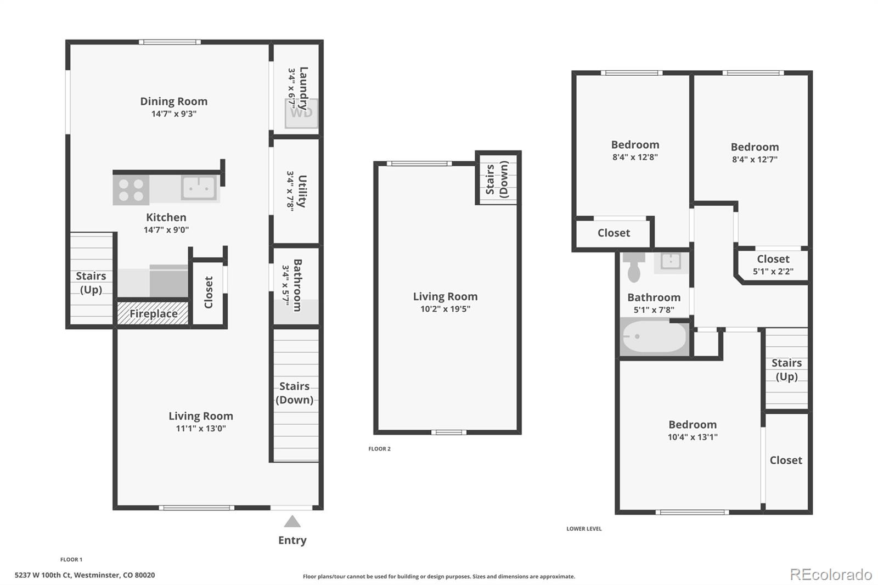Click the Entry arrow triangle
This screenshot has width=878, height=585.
(x=292, y=521)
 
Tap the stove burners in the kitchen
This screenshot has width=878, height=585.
(x=131, y=190)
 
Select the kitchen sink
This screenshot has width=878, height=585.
(x=199, y=188)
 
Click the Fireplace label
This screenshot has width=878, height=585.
(x=153, y=314)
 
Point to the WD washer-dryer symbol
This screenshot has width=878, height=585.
(x=301, y=113)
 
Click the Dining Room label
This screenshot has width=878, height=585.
(x=173, y=102)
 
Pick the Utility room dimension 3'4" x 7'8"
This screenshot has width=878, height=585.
(x=290, y=190)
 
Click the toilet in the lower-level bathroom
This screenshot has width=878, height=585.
(x=635, y=267)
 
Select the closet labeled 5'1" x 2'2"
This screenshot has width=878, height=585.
(x=773, y=265)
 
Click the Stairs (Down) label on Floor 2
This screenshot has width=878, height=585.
(x=497, y=179)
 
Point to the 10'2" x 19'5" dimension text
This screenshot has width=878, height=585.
(x=445, y=309)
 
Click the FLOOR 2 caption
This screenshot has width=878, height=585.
(x=379, y=449)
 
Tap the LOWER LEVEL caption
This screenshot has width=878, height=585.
(x=584, y=529)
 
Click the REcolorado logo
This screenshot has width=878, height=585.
(x=830, y=575)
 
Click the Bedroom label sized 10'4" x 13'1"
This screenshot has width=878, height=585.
(x=692, y=425)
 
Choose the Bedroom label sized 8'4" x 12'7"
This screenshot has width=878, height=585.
(x=755, y=147)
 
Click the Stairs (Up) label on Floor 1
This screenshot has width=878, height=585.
(x=91, y=283)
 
